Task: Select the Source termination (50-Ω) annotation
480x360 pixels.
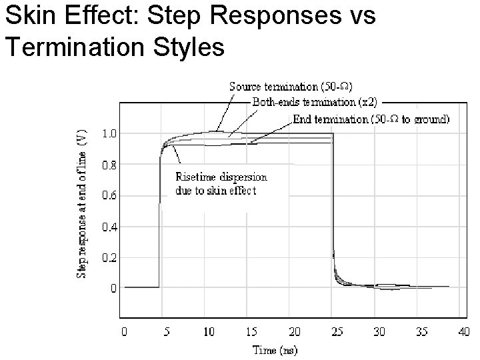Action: tap(291, 86)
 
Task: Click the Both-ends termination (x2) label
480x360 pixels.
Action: tap(315, 102)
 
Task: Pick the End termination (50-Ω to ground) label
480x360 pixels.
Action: tap(371, 119)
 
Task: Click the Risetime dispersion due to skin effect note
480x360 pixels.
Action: tap(221, 184)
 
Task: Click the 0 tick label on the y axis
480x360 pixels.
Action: tap(114, 289)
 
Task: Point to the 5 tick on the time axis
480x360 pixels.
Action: tap(166, 331)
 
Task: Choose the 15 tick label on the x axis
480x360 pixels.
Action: tap(251, 331)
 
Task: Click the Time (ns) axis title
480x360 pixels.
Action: tap(275, 349)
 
